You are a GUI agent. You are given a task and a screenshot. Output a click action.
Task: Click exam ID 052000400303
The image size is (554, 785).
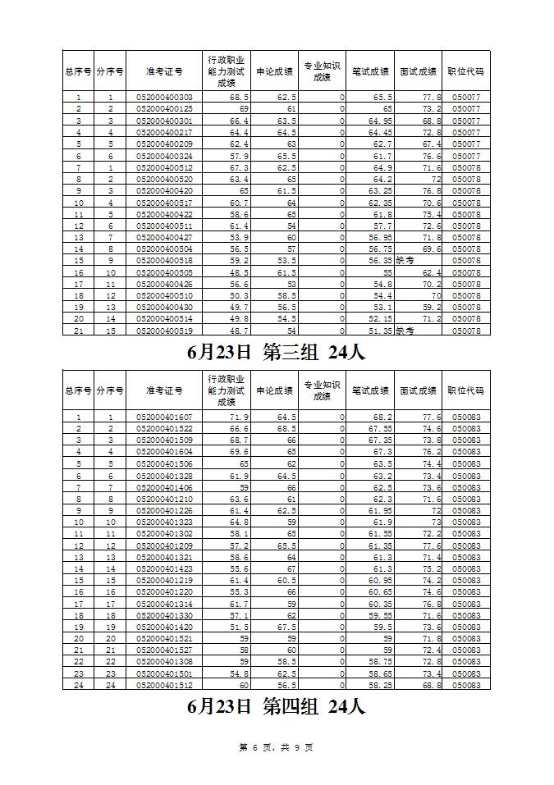pos(164,98)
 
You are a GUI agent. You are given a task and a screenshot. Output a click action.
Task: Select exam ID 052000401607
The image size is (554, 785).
pos(164,418)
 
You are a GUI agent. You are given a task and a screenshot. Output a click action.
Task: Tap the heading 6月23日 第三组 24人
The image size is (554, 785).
pos(276,353)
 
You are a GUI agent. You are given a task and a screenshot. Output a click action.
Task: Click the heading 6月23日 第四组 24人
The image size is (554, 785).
pos(276,705)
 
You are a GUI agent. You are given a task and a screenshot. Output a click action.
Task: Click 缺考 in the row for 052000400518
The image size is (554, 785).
pos(405,260)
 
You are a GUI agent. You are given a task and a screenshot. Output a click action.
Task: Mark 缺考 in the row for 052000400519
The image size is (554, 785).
pos(405,331)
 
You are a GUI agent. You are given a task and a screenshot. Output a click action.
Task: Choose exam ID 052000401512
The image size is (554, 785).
pos(164,685)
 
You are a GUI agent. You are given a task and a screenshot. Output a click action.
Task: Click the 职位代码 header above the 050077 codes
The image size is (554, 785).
pos(465,71)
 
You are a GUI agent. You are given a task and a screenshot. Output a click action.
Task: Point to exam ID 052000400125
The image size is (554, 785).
pos(164,109)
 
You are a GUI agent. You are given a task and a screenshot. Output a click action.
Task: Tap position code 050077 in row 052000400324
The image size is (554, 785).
pos(465,156)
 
